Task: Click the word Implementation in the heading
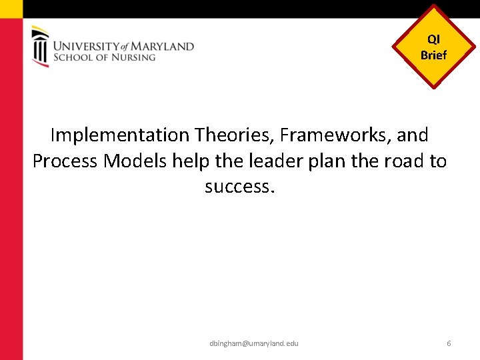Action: [x=120, y=135]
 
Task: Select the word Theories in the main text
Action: [x=234, y=135]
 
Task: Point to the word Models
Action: [x=135, y=161]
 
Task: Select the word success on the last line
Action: [x=239, y=187]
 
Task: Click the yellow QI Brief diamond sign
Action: [x=434, y=47]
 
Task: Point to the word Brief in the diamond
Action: [x=434, y=55]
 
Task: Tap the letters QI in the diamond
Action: [x=434, y=40]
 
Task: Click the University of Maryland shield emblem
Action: [x=41, y=47]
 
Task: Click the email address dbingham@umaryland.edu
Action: [x=253, y=343]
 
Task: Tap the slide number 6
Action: [x=449, y=343]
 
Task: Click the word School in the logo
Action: [x=71, y=57]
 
